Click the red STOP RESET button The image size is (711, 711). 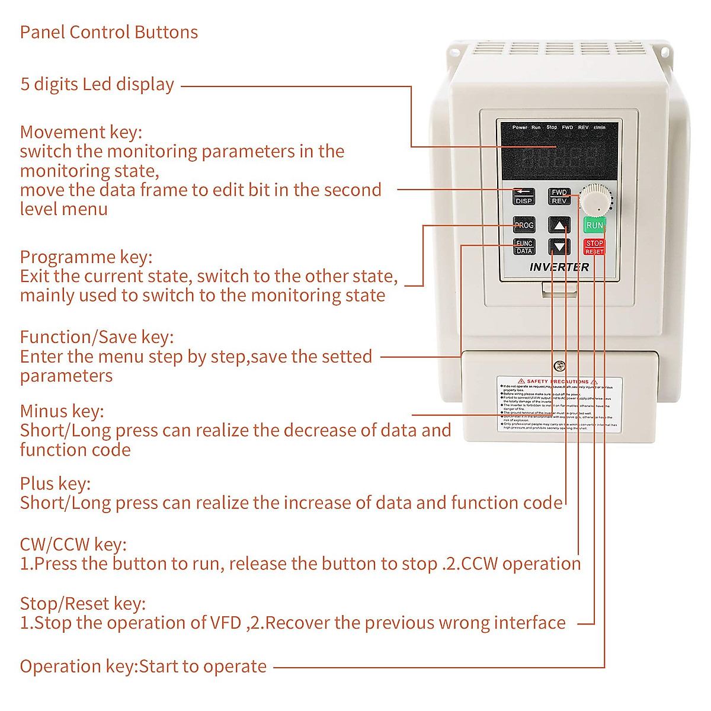coord(594,247)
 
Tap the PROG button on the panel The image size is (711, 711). coord(524,225)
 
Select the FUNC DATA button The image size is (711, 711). coord(524,247)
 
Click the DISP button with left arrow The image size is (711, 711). coord(524,196)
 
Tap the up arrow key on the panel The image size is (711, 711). coord(559,225)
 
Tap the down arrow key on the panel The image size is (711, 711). coord(559,246)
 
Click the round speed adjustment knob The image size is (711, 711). coord(594,200)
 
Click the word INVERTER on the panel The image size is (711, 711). coord(559,267)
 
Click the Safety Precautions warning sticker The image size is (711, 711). coord(559,404)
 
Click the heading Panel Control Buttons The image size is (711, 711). coord(109,32)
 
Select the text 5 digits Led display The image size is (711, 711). coord(97,85)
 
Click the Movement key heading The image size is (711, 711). coord(81,132)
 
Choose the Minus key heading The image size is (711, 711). coord(62,411)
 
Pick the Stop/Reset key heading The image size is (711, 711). coord(83,604)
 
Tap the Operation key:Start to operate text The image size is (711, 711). coord(143,667)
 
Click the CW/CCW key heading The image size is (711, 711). coord(73,545)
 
